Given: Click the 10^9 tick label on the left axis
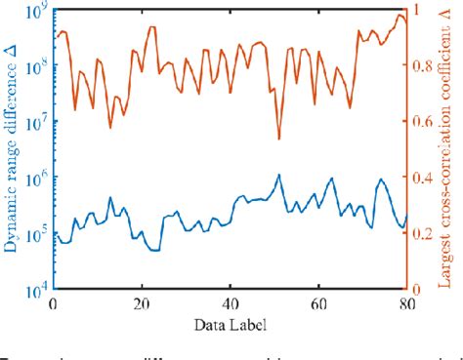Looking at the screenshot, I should pyautogui.click(x=38, y=13).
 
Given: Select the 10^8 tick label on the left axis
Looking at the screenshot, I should pyautogui.click(x=38, y=68).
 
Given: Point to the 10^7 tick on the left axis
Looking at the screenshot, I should pyautogui.click(x=38, y=124).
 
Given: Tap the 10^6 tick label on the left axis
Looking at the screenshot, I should pyautogui.click(x=38, y=180).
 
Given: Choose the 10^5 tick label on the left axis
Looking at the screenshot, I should pyautogui.click(x=38, y=235).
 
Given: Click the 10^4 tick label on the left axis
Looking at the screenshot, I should pyautogui.click(x=38, y=291).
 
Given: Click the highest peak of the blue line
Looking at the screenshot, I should pyautogui.click(x=279, y=176).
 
